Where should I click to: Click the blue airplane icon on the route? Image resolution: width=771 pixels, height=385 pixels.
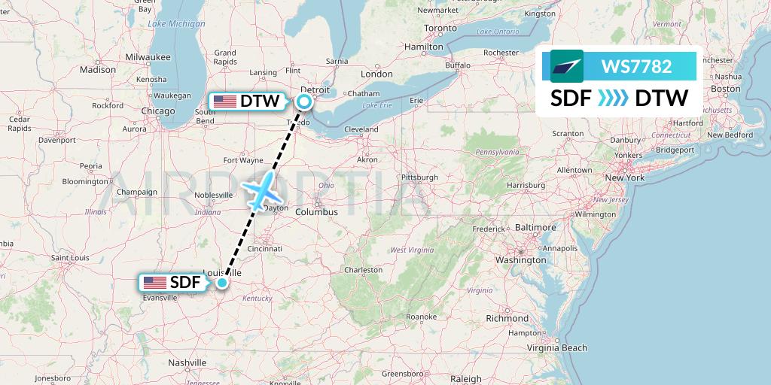(260, 190)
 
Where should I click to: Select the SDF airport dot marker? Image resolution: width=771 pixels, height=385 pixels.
(222, 283)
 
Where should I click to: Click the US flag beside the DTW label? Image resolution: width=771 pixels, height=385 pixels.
(224, 101)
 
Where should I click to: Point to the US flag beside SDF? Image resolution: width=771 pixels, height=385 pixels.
(154, 283)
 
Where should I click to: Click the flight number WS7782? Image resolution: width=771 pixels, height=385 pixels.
(636, 66)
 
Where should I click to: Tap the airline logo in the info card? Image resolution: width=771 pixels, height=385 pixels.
(567, 66)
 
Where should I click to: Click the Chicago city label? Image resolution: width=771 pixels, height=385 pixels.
(157, 111)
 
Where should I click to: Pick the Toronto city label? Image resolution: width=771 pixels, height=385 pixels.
(440, 28)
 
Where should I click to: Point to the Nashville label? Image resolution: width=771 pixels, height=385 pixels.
(187, 362)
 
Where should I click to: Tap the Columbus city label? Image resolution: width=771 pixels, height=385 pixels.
(316, 212)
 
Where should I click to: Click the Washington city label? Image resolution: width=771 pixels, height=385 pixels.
(520, 259)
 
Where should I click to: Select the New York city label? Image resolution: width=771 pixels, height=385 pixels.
(624, 178)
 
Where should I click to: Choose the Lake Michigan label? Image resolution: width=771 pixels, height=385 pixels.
(176, 24)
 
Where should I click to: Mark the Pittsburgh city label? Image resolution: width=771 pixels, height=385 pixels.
(419, 177)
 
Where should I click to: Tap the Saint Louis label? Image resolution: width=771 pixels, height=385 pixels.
(71, 258)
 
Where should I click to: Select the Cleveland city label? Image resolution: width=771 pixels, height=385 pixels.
(361, 129)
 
